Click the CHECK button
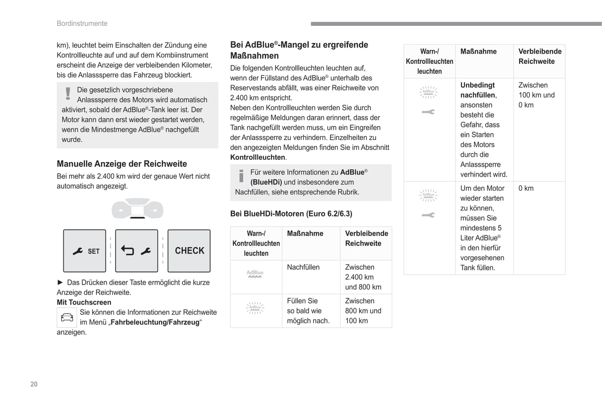point(189,251)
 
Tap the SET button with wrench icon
point(85,251)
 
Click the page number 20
point(34,384)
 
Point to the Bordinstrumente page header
point(82,23)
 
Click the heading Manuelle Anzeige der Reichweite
point(122,164)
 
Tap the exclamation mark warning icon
point(68,93)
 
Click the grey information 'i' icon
point(241,176)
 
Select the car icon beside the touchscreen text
point(67,318)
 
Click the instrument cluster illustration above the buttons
point(137,209)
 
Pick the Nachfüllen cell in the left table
point(303,267)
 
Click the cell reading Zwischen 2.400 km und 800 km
point(363,277)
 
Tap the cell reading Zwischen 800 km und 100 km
point(363,311)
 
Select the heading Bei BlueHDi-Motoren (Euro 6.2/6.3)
point(291,214)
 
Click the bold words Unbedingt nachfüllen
point(478,90)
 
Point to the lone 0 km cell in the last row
point(526,188)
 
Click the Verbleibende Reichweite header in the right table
point(540,56)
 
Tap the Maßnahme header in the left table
point(305,234)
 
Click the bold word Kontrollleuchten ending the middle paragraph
point(257,157)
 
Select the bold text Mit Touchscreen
point(84,302)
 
